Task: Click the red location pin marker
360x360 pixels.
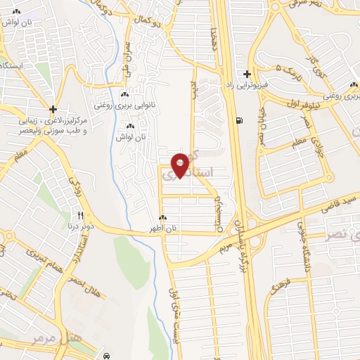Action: pos(180,165)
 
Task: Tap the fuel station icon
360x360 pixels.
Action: pos(241,120)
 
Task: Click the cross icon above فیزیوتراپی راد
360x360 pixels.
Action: pos(247,73)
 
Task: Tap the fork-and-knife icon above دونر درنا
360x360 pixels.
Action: pos(81,216)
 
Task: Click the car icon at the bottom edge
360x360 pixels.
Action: pos(105,356)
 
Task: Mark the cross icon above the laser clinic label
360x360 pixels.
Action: pos(53,109)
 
